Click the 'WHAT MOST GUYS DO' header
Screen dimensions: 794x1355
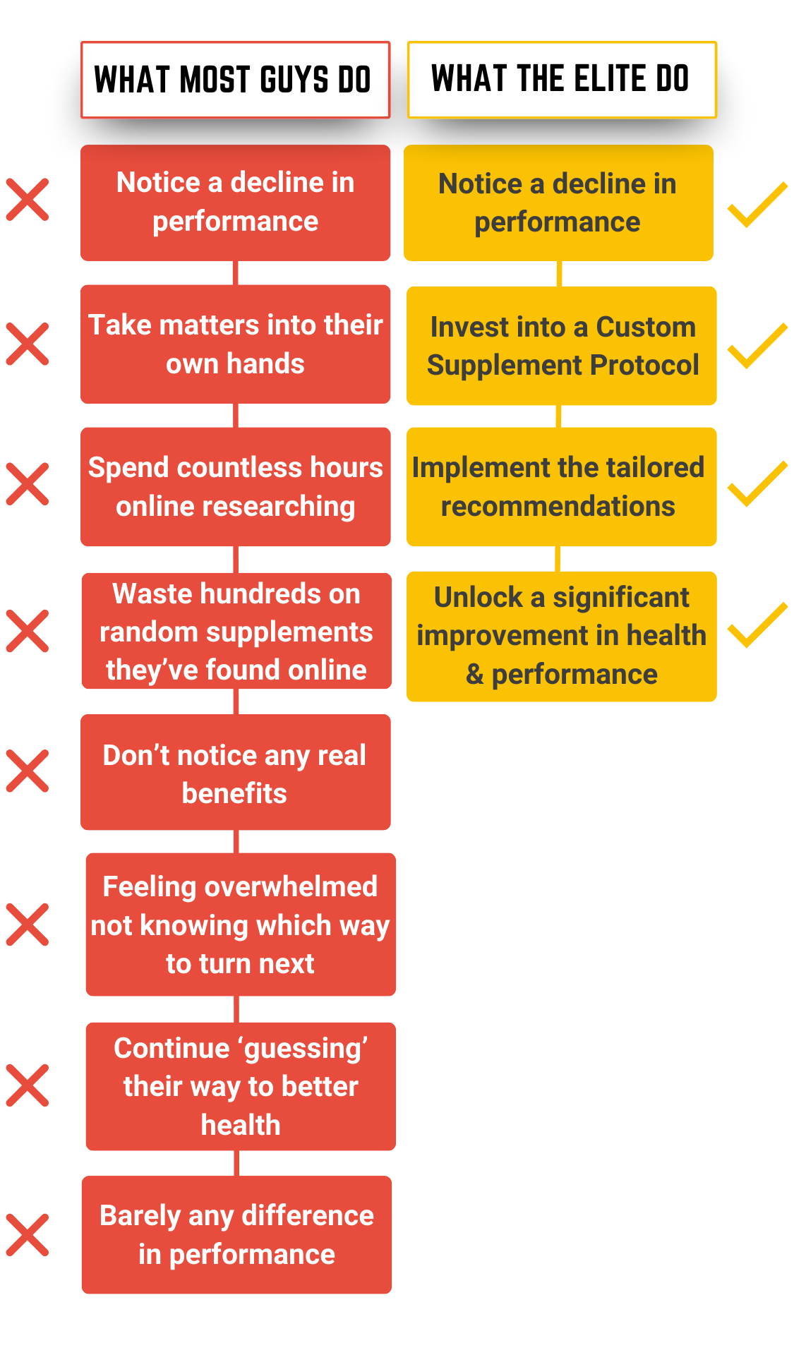(235, 80)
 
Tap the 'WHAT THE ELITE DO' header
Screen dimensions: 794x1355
(562, 80)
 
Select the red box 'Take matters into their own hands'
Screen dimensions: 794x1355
(235, 344)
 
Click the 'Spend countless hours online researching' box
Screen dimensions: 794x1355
(235, 487)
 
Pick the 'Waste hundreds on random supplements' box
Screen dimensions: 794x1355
(236, 631)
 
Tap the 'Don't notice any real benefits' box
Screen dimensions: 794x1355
(235, 772)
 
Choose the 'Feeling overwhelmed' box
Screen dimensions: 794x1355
(241, 925)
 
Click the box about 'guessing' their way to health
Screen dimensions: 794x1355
(241, 1086)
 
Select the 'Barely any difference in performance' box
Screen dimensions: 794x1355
(236, 1234)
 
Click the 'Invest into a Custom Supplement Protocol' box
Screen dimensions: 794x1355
(562, 346)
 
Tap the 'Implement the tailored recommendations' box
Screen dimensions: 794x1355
(562, 487)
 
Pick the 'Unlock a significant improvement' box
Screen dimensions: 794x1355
(562, 637)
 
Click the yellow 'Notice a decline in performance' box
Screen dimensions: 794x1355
(558, 203)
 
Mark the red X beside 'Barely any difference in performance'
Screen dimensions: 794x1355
(28, 1235)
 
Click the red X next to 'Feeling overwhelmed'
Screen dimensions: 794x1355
(28, 925)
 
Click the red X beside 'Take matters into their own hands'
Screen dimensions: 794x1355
(28, 344)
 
